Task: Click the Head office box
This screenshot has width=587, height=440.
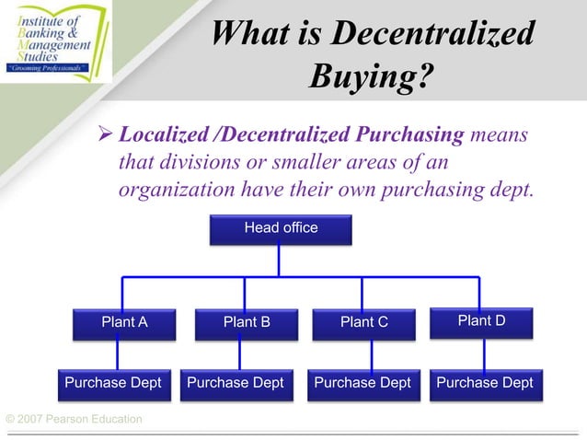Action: pos(281,228)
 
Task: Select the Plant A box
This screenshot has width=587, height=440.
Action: pos(124,322)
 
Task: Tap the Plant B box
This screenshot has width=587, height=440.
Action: pos(246,322)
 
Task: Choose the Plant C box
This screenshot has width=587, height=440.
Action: pos(363,322)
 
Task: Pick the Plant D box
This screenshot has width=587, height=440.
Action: pos(481,320)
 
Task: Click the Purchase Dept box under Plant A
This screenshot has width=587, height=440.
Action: pos(112,383)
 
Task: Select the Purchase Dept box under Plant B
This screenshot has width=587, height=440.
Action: pos(236,383)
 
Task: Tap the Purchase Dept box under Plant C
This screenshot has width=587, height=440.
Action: pos(363,383)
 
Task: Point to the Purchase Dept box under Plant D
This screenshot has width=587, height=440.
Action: pos(484,383)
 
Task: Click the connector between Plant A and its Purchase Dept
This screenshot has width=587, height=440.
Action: pos(117,353)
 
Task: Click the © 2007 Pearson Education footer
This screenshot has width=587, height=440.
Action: pos(74,420)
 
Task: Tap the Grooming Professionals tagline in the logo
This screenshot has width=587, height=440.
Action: pos(48,67)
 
